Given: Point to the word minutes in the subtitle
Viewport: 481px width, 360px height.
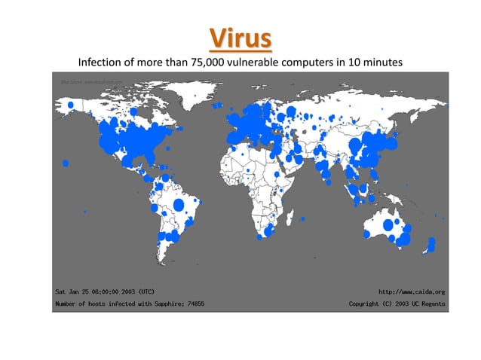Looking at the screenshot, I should (x=380, y=61).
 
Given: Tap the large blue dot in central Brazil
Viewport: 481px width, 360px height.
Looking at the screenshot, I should (x=179, y=204).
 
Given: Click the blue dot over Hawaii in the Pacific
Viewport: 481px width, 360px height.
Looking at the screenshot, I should (x=66, y=163).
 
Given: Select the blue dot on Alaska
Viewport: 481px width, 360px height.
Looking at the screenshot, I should (x=70, y=104).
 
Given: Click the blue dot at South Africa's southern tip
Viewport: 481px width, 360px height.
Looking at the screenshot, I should (x=260, y=236).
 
